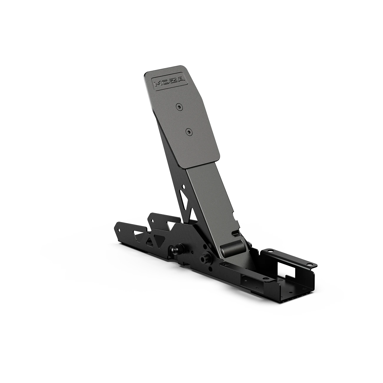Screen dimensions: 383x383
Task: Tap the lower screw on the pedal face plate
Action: (188, 133)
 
